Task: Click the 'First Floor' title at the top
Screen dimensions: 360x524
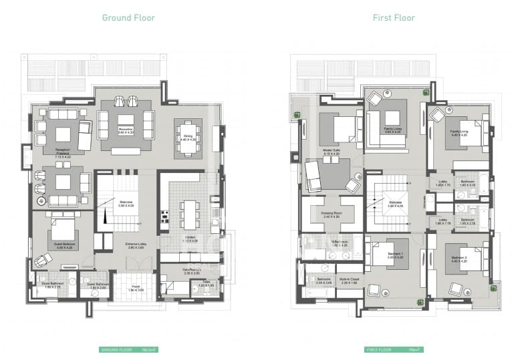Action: pos(394,18)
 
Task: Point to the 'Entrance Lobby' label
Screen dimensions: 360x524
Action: pos(136,244)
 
